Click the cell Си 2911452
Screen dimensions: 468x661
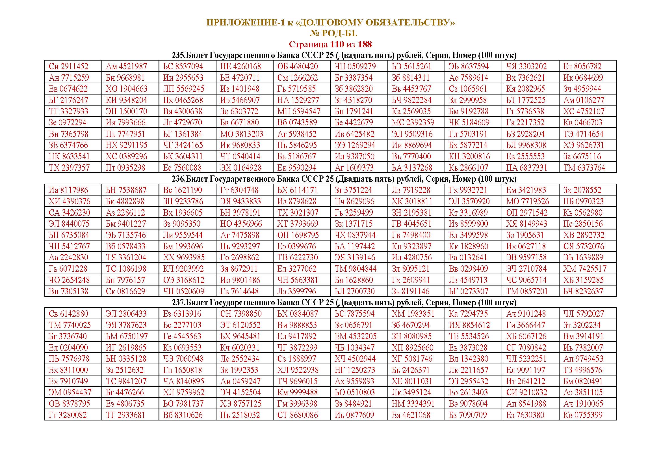68,66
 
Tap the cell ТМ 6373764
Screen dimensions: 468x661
584,168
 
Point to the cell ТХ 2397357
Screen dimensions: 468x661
69,168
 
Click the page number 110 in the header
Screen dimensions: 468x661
337,44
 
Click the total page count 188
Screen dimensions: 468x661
365,44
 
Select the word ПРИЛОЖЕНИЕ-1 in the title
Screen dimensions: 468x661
246,22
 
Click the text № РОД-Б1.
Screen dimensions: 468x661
334,33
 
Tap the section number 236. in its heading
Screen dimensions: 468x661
179,179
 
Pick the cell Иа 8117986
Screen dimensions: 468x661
69,190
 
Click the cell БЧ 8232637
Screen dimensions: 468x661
583,291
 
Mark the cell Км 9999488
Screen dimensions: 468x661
297,392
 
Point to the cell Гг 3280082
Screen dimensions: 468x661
68,415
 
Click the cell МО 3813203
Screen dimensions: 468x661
242,134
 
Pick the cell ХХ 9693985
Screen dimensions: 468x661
184,257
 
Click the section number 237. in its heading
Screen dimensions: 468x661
179,302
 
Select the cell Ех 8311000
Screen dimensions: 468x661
68,370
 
